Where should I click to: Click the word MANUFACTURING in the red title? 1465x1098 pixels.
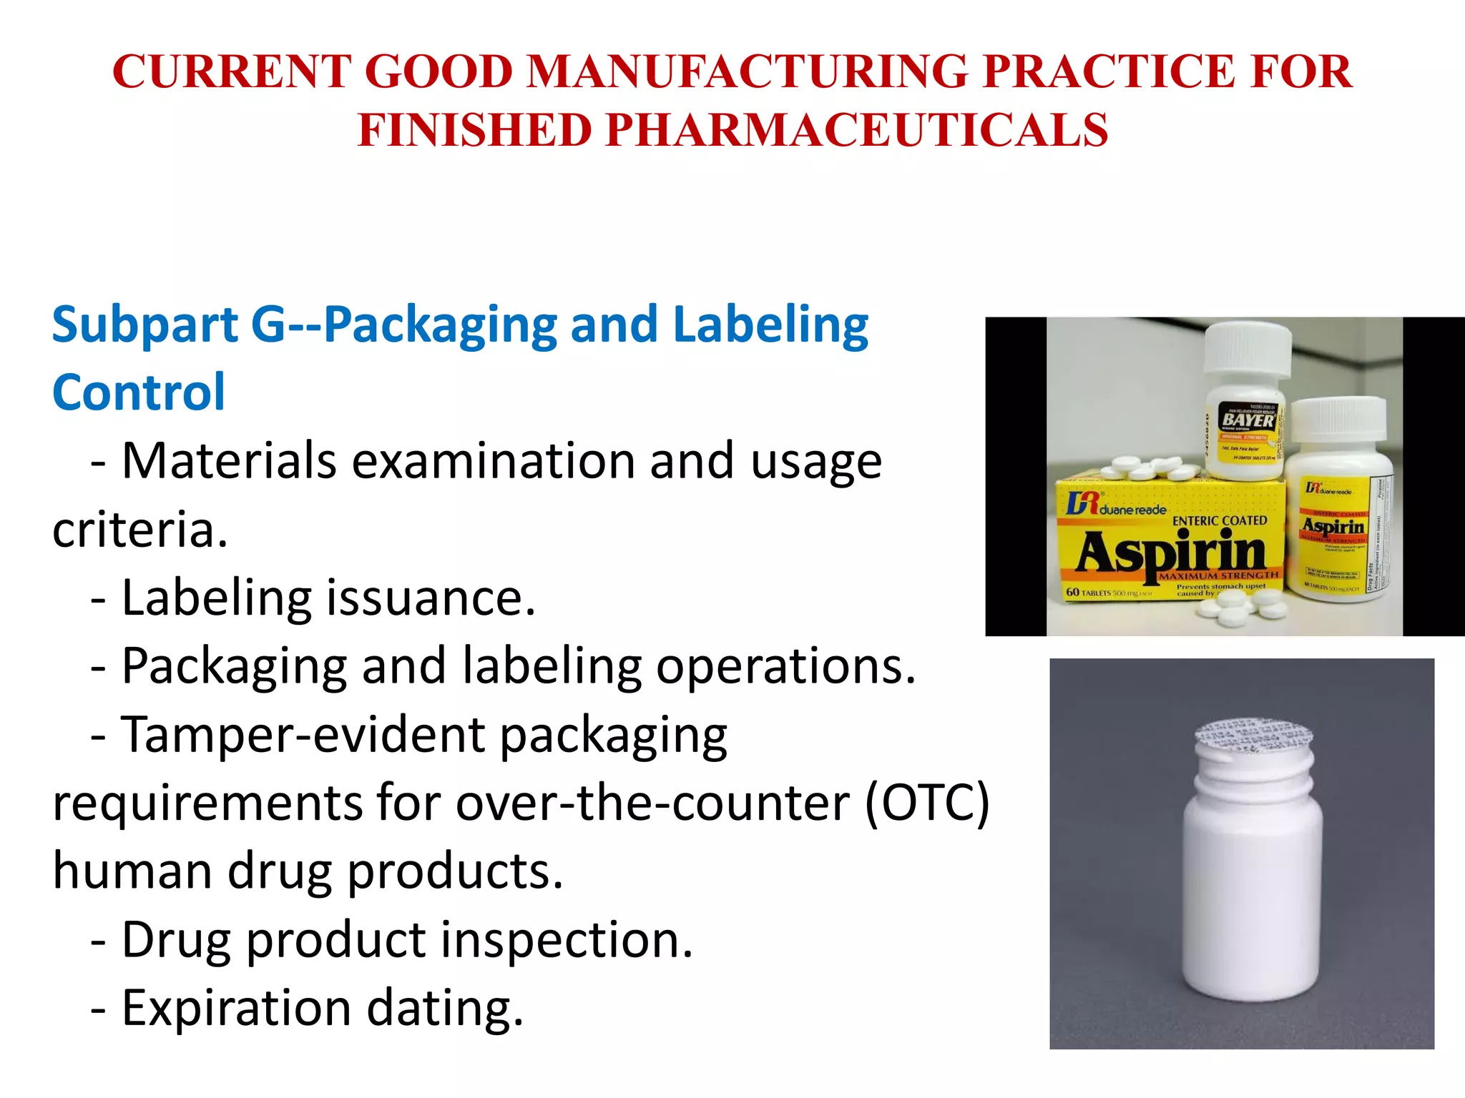click(748, 71)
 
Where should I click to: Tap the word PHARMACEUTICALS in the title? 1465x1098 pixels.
click(857, 131)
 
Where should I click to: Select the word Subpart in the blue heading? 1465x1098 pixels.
click(145, 325)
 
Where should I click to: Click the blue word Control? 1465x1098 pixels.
click(139, 392)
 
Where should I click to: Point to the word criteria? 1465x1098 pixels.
click(140, 530)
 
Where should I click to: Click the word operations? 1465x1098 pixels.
click(785, 666)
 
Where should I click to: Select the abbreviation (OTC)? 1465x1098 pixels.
click(927, 803)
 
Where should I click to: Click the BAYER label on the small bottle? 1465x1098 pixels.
click(1248, 420)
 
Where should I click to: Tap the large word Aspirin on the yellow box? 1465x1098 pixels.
click(1172, 552)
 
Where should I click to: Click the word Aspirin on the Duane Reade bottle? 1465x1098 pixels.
click(1333, 528)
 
